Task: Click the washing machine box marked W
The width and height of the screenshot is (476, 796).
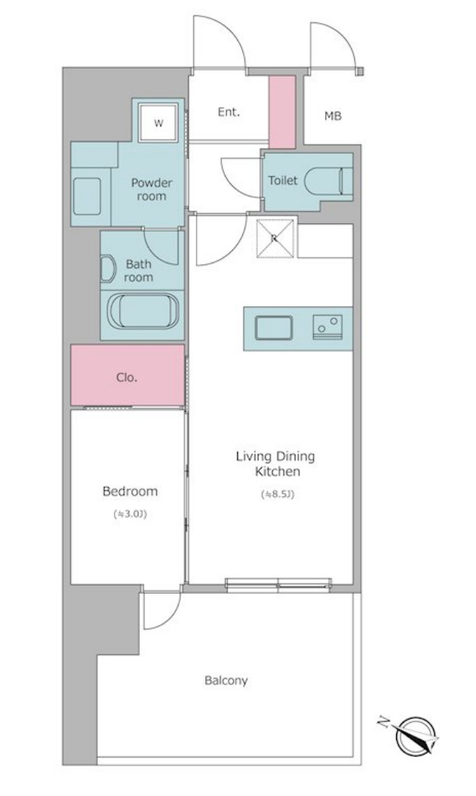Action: pos(158,123)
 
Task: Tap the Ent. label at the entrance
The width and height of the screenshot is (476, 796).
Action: pos(229,112)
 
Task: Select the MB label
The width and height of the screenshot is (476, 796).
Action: pos(333,116)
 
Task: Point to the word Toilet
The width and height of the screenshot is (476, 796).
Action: pos(283,181)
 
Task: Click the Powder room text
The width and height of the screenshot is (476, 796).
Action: pos(152,189)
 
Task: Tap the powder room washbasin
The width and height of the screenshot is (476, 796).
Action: pos(87,196)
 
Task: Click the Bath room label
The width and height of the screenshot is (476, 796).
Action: pos(139,270)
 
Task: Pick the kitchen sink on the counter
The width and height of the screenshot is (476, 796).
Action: pos(274,328)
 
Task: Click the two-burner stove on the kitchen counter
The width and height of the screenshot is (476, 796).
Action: pos(327,327)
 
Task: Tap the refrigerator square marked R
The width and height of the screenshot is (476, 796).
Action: pos(275,238)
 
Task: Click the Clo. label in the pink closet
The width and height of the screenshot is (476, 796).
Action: pos(126,377)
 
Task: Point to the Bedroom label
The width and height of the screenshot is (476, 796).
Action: pos(130,492)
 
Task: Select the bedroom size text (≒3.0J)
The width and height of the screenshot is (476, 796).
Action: pos(130,514)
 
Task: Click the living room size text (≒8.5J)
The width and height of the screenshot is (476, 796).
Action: pos(277,494)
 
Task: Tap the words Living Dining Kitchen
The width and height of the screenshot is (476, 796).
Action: pos(275,463)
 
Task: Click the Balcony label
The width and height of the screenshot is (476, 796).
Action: pos(226,680)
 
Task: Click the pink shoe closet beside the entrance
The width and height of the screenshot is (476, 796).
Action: pos(282,112)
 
